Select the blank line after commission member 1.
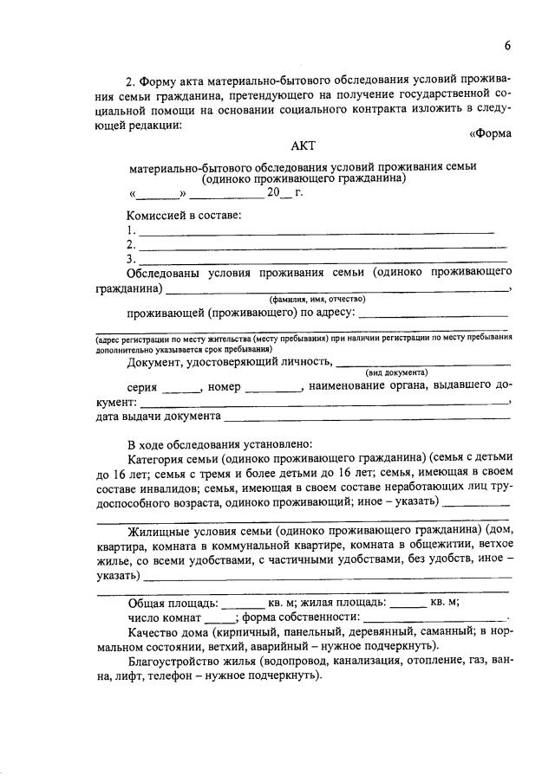point(317,232)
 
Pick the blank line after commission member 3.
point(323,260)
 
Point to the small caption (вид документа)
point(396,371)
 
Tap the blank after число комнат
point(220,619)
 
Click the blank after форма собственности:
point(434,619)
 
